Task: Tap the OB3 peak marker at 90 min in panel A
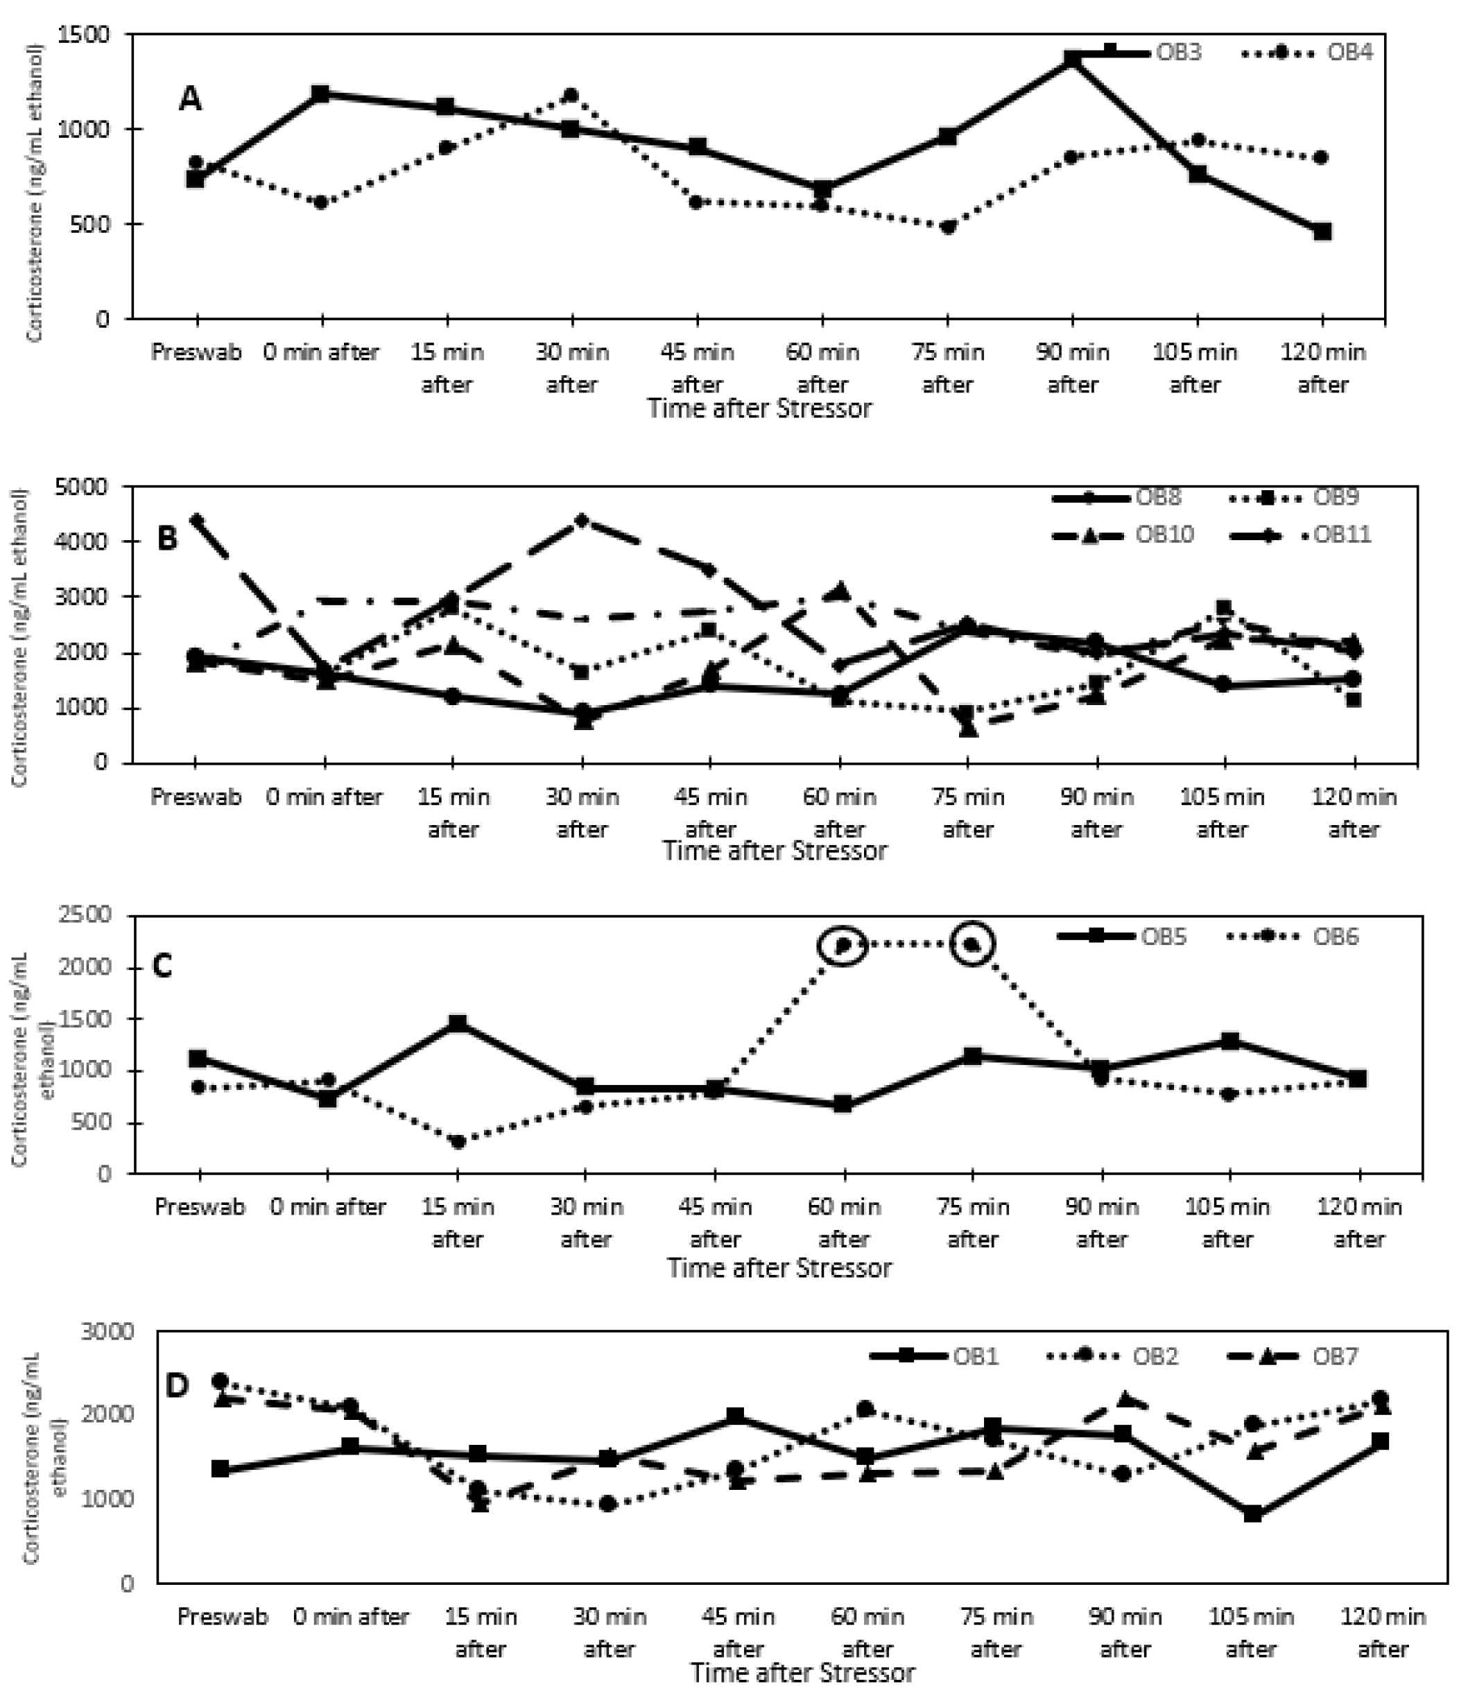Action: pos(1071,60)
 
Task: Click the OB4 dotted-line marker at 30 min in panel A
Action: pos(571,96)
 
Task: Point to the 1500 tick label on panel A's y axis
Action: pos(84,35)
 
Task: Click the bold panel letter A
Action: pos(191,99)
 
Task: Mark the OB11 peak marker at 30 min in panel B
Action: pos(582,520)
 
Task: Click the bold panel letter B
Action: pos(166,541)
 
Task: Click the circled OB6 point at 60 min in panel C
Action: pos(843,946)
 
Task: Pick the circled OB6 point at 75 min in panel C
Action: pos(972,945)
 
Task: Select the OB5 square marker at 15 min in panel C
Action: pos(457,1023)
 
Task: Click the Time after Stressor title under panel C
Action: pos(779,1267)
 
